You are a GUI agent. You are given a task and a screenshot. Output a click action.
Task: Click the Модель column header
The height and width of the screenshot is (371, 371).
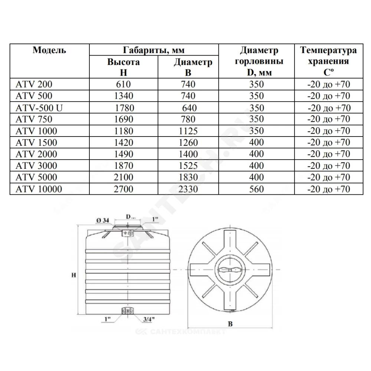[x=49, y=50]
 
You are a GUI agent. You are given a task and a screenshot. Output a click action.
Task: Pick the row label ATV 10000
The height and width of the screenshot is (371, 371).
[x=39, y=189]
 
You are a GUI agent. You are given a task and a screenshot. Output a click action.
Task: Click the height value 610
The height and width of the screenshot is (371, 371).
[x=124, y=84]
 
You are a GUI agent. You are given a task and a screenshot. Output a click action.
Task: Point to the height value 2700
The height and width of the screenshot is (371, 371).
[x=124, y=189]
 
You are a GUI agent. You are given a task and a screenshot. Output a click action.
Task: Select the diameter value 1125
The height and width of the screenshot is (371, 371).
[x=188, y=131]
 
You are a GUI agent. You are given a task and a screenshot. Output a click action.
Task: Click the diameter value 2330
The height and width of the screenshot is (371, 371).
[x=188, y=189]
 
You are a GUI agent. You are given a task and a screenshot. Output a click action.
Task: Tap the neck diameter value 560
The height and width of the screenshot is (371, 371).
[x=256, y=189]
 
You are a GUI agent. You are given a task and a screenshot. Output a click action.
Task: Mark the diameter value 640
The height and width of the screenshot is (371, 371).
[x=189, y=108]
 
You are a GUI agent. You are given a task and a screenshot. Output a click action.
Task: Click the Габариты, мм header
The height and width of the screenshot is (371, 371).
[x=153, y=50]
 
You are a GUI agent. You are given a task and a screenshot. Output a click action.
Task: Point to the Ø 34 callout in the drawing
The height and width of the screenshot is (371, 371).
[x=102, y=221]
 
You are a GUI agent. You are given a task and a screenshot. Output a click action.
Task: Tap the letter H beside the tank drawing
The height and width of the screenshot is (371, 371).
[x=74, y=275]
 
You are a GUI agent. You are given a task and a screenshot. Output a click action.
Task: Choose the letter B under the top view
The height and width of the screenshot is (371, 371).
[x=230, y=324]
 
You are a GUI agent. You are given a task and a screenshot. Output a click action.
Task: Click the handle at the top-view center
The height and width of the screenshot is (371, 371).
[x=229, y=270]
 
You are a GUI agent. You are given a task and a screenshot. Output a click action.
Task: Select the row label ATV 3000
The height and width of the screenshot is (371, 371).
[x=36, y=166]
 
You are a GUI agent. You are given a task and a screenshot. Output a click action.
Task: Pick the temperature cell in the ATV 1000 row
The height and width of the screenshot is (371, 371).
[x=328, y=131]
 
